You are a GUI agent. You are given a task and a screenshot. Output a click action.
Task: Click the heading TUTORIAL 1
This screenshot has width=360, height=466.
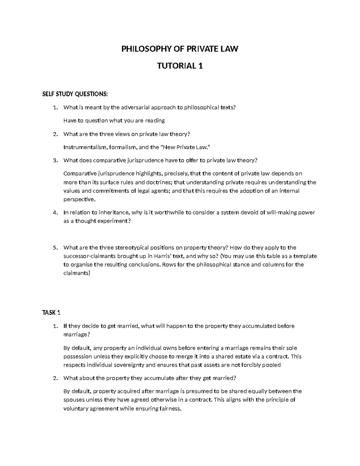(x=180, y=66)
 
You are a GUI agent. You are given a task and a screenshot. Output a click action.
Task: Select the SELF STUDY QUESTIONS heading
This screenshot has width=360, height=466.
(x=74, y=94)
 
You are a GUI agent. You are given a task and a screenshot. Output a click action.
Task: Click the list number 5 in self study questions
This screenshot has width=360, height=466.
(x=55, y=248)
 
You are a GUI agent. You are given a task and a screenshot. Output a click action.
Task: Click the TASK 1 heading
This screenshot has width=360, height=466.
(x=51, y=313)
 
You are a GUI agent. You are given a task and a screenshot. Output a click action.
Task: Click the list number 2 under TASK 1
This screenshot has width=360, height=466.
(x=55, y=378)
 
